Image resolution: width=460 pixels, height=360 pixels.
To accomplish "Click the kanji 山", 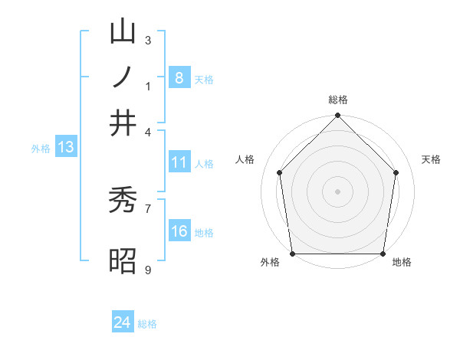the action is (x=123, y=31).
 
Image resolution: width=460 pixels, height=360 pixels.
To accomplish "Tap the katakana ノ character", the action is (x=123, y=77).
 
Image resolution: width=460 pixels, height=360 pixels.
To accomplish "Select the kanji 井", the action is (x=123, y=123).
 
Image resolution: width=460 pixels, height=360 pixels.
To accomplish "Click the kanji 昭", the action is (x=123, y=260).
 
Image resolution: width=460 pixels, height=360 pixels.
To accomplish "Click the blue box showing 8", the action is (x=179, y=77).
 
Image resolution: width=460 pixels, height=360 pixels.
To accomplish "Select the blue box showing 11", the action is (x=179, y=162).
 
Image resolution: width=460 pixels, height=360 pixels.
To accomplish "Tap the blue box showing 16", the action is (x=179, y=232).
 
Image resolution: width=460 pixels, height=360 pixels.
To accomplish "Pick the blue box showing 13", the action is (x=65, y=147).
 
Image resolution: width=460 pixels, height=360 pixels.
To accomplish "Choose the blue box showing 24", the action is (x=123, y=322).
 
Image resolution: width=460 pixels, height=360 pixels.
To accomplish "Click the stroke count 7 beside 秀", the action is (x=148, y=207).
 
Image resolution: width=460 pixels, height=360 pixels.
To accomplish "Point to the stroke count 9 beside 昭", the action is (x=148, y=270).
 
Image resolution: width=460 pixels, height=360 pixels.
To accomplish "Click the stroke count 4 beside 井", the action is (x=148, y=131).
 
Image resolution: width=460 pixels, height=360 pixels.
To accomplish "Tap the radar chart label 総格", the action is (x=337, y=100).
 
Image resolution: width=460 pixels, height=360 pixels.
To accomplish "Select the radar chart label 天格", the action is (x=432, y=159).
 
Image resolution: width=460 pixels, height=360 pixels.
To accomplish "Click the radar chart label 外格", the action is (x=270, y=263).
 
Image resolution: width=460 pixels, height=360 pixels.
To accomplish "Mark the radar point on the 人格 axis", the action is (x=279, y=172).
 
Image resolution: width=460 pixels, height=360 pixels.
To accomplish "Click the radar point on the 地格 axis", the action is (x=383, y=254).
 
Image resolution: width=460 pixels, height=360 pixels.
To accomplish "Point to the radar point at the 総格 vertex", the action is (x=337, y=117).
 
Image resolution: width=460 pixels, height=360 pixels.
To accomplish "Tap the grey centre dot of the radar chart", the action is (x=337, y=191).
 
